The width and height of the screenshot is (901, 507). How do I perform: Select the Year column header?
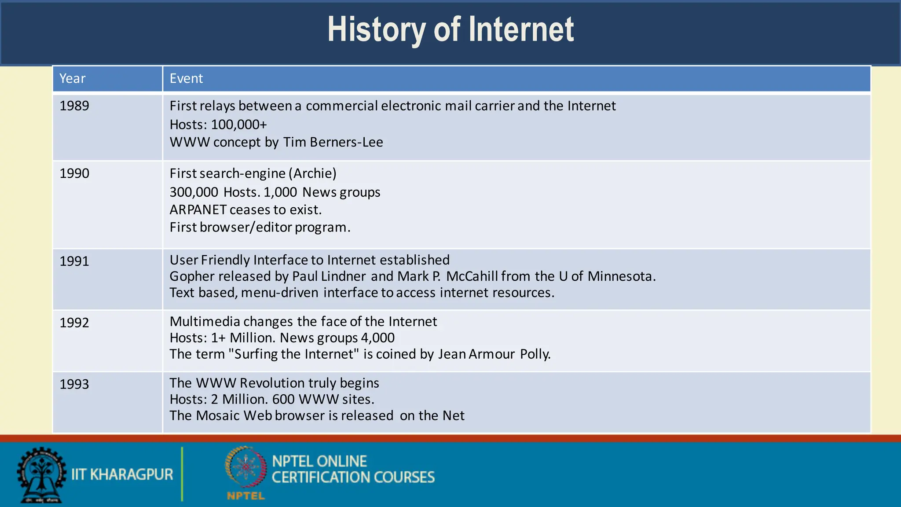coord(73,78)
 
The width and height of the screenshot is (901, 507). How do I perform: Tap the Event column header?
coord(186,78)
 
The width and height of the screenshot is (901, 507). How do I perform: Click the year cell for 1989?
coord(74,106)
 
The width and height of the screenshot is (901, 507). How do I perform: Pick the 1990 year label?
coord(74,173)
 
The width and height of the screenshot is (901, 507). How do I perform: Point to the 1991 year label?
coord(74,261)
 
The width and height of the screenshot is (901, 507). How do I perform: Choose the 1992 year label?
coord(74,323)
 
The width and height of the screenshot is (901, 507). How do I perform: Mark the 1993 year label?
coord(74,384)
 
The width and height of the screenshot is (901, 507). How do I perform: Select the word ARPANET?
coord(198,209)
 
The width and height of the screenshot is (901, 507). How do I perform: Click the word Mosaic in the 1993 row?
coord(218,415)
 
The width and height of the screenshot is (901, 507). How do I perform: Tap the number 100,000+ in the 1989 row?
coord(239,125)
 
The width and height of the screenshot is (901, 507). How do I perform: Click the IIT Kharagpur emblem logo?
coord(41,475)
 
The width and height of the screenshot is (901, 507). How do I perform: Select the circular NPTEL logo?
coord(246,467)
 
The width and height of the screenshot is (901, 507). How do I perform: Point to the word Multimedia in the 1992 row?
coord(205,321)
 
